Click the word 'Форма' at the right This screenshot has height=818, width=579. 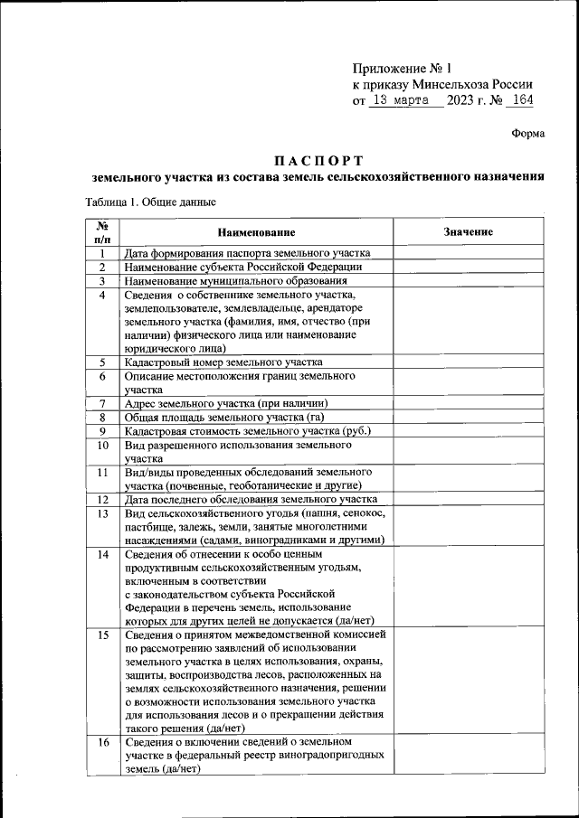click(527, 133)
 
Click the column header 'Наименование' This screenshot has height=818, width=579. click(256, 232)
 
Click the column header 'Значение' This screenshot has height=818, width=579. click(468, 232)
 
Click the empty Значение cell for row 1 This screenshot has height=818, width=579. click(468, 253)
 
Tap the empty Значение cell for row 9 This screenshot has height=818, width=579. click(468, 430)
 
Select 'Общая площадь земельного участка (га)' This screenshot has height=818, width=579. click(223, 417)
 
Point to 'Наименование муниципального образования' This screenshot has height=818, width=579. click(235, 281)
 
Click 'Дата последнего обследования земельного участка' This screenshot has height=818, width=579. click(250, 499)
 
